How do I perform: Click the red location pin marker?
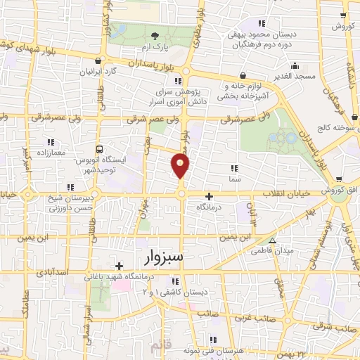click(181, 166)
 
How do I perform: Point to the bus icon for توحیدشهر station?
click(100, 149)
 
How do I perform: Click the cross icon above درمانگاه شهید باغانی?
click(120, 265)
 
